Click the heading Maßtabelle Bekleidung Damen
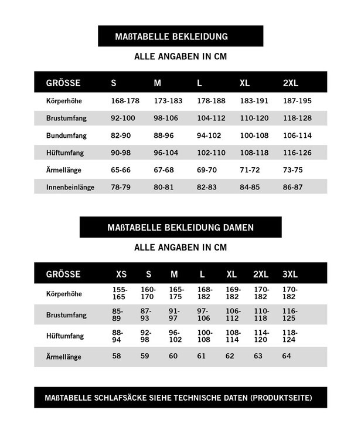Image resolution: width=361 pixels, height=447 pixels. tap(180, 226)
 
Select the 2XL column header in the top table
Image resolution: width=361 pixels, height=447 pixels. tap(291, 83)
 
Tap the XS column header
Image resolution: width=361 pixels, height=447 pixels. tap(121, 274)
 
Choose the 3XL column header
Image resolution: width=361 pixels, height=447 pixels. tap(290, 274)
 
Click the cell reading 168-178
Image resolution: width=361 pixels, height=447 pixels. tap(125, 101)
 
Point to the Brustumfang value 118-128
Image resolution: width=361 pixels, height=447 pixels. tap(298, 118)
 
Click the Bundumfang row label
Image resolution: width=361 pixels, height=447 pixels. tap(66, 136)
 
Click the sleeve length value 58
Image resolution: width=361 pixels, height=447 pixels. tap(117, 356)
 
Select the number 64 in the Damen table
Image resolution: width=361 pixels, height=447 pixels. tap(287, 356)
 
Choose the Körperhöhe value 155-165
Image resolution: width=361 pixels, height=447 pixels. tap(120, 293)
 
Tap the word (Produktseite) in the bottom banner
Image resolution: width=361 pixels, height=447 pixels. tap(281, 398)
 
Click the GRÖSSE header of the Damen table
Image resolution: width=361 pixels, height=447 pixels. tap(63, 274)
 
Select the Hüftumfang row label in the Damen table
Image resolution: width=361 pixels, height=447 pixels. tap(65, 336)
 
